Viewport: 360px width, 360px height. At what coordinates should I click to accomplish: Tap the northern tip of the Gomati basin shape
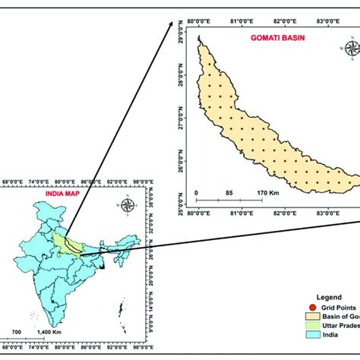click(x=200, y=37)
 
